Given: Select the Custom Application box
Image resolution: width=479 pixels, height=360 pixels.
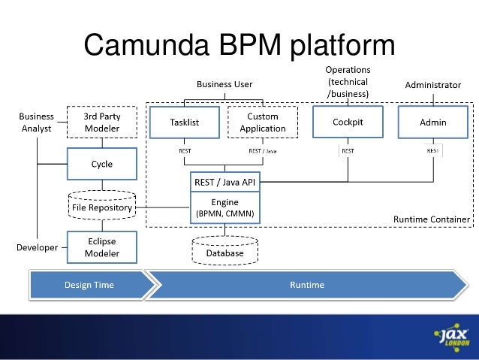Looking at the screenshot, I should coord(262,123).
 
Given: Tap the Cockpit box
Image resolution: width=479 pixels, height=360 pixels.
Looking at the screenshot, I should coord(348,123).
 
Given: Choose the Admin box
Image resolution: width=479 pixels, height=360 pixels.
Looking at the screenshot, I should coord(433,123).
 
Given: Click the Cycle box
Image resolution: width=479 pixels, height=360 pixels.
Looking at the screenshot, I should coord(102,165).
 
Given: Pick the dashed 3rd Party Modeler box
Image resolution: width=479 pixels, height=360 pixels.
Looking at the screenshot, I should coord(102,123).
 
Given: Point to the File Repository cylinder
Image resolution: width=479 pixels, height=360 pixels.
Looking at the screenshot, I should coord(102,207).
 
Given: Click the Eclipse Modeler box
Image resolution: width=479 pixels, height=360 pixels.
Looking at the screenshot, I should coord(102,247).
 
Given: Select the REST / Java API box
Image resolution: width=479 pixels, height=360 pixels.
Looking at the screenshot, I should coord(225,182).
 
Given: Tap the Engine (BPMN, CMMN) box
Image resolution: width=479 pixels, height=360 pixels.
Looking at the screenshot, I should coord(225,208).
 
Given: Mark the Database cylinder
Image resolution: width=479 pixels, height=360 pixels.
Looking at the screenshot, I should coord(225,252).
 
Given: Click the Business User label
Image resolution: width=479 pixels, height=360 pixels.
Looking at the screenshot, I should coord(224,84).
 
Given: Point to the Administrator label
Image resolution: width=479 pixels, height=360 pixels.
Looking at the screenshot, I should coord(432,85).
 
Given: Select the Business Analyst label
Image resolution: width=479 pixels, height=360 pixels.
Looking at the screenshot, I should coord(36,123).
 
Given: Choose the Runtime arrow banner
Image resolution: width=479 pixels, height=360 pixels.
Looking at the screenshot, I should coord(307,285).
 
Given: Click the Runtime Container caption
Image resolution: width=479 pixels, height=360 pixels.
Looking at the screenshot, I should coord(432,219).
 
